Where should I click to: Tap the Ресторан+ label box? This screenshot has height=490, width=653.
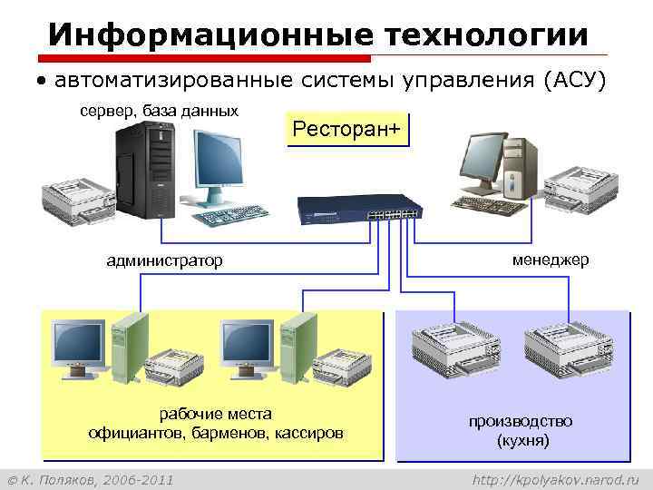pos(346,130)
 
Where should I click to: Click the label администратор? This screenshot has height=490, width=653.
pos(164,261)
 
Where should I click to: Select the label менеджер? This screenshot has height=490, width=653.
pos(550,260)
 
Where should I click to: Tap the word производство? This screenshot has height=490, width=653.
pos(521,421)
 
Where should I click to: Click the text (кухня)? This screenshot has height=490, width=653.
pos(522,441)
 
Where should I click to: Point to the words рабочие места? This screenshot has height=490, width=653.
pos(215,414)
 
